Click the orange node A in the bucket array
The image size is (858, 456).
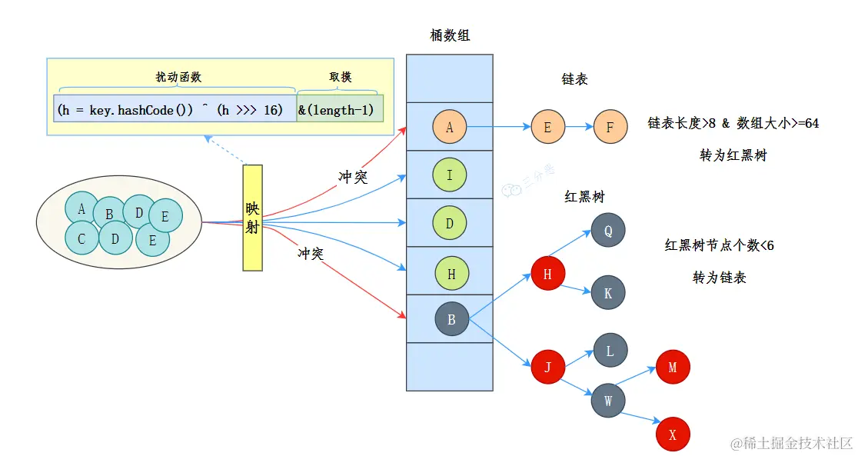tap(450, 127)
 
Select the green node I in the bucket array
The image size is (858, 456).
tap(450, 175)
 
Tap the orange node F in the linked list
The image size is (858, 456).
tap(610, 127)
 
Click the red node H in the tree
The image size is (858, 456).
tap(548, 274)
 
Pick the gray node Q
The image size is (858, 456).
tap(608, 230)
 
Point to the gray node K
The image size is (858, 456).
tap(608, 293)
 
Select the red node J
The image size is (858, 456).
tap(548, 367)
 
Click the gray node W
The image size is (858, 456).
tap(608, 401)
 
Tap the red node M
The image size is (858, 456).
tap(673, 367)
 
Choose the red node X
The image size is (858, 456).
tap(673, 434)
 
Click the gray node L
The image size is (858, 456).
tap(610, 351)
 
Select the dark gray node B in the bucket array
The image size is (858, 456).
tap(451, 319)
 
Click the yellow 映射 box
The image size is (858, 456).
tap(253, 218)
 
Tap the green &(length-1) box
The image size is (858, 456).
tap(339, 110)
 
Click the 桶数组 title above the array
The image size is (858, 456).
tap(450, 35)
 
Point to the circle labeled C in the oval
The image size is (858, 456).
tap(81, 238)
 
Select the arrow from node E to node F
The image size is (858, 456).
tap(579, 127)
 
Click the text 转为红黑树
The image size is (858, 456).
tap(733, 155)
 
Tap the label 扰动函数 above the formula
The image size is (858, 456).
tap(178, 77)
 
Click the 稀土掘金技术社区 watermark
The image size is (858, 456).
tap(791, 443)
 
